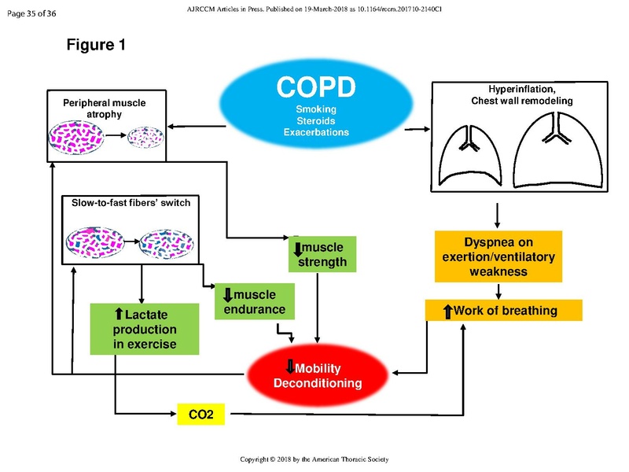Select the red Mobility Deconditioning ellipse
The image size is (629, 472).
(317, 375)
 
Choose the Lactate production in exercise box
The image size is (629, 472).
(145, 329)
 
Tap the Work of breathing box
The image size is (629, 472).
(503, 311)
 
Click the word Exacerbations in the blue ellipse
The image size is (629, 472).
(316, 133)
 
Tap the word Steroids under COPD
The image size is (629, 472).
(316, 121)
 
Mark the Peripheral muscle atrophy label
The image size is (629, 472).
(105, 109)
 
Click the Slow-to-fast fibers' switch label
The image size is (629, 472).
(126, 203)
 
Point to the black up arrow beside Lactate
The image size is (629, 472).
(119, 315)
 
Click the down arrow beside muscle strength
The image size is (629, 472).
(296, 248)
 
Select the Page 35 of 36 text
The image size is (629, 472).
(32, 13)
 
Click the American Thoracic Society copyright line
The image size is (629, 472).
(314, 459)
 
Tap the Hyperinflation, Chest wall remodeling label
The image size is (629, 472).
(521, 95)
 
